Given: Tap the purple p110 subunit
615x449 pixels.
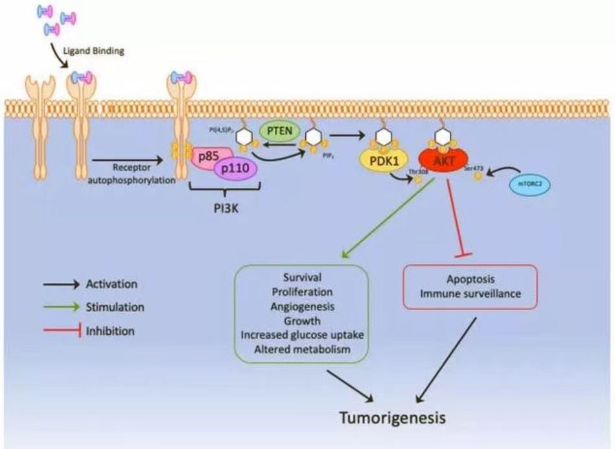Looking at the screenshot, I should point(234,170).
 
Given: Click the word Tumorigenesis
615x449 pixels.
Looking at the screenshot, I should point(393,417).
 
